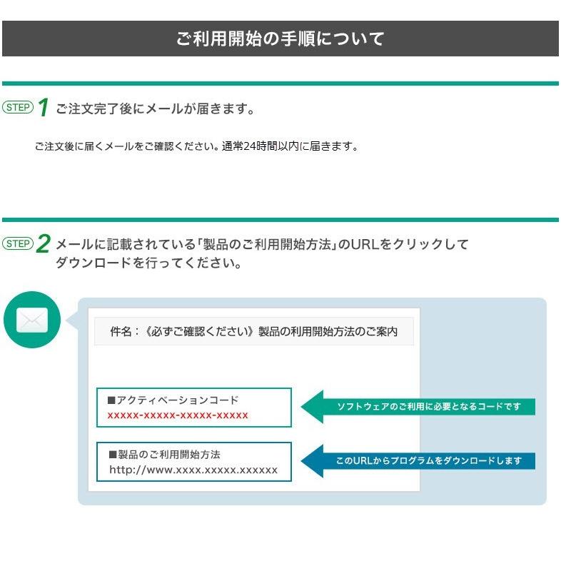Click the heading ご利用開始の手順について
[x=280, y=39]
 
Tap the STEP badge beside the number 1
[x=18, y=108]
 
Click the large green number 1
[x=43, y=108]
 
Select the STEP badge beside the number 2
[x=18, y=244]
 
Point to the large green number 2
[x=44, y=245]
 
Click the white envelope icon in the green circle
[x=32, y=320]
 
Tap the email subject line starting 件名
[x=253, y=332]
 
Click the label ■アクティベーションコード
[x=173, y=400]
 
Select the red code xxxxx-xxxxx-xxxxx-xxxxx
[x=178, y=415]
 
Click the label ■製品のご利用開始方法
[x=164, y=454]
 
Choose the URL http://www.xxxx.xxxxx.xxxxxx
[x=193, y=470]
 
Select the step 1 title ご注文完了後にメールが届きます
[x=155, y=109]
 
